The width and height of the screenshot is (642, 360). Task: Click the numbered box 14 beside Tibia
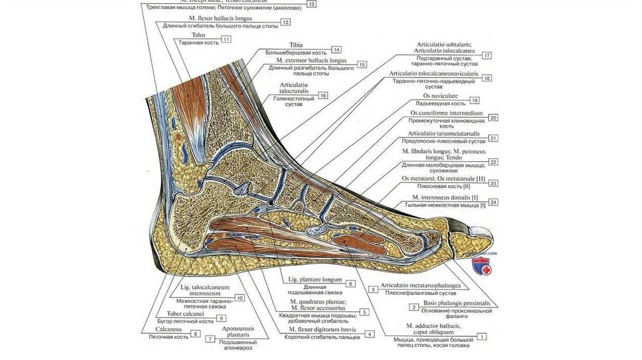click(337, 50)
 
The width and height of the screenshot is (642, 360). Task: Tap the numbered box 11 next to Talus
click(225, 39)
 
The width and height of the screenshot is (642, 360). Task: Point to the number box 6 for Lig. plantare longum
click(351, 283)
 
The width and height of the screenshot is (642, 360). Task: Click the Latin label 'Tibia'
click(297, 45)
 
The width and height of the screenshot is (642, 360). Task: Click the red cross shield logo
click(487, 269)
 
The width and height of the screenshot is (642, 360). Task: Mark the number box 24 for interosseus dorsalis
click(494, 202)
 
